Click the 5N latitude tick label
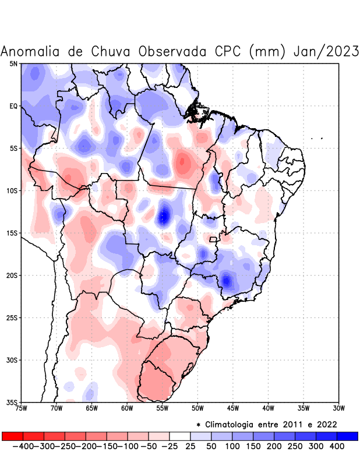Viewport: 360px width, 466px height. tap(13, 63)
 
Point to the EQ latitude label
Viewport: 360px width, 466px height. tap(13, 106)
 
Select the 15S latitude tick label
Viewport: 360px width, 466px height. tap(12, 233)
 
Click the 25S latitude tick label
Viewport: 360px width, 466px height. tap(12, 317)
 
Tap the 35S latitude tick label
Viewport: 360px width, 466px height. tap(12, 402)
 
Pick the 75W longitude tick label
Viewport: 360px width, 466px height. tap(21, 408)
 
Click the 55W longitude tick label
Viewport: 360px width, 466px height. tap(163, 408)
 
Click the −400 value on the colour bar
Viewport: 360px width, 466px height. tap(23, 446)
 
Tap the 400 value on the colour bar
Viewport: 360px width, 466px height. tap(337, 446)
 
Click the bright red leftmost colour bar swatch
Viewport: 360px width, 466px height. tap(12, 436)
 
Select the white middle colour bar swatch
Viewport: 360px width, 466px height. tap(180, 436)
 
